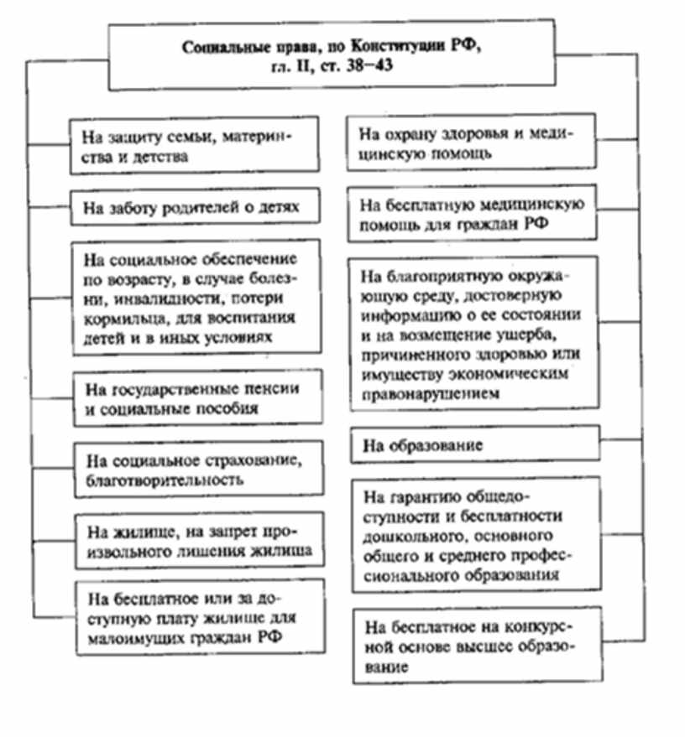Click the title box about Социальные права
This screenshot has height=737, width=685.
331,56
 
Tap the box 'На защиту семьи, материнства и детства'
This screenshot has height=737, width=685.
195,144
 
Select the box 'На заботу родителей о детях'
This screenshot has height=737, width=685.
195,205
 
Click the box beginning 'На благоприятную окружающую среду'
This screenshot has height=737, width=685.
475,334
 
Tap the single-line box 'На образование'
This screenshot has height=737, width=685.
475,445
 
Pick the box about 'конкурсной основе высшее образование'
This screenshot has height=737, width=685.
475,646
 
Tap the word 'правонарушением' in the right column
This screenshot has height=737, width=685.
426,391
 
